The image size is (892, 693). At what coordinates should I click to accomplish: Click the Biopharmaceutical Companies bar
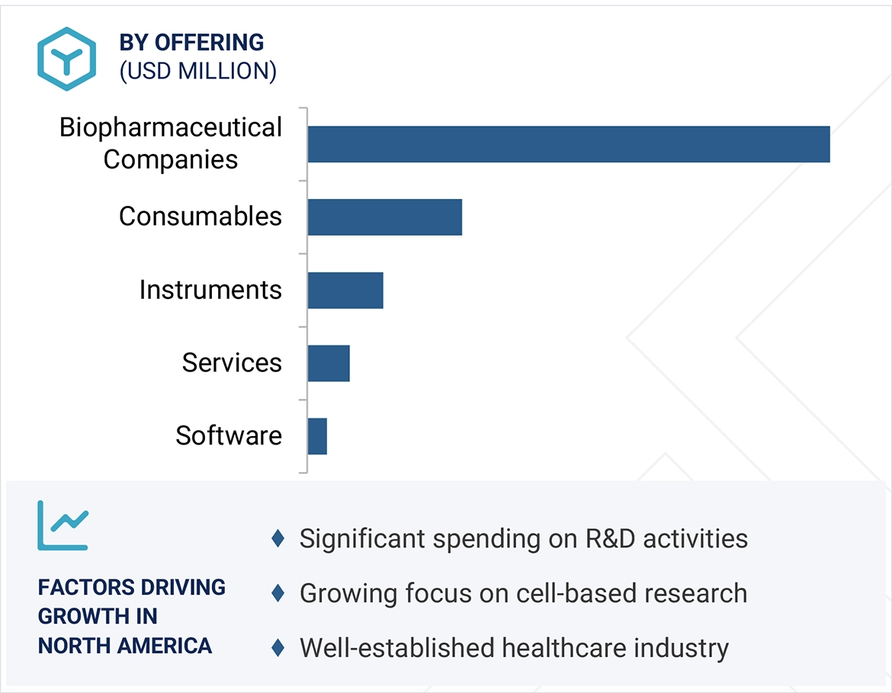568,144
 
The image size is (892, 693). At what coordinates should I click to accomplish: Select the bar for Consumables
384,217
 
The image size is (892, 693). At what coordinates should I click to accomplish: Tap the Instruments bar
345,290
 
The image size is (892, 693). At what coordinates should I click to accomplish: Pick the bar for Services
328,364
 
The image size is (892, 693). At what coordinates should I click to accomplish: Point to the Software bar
317,436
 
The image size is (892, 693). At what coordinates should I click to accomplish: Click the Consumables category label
200,217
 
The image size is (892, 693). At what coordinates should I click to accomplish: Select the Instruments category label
210,290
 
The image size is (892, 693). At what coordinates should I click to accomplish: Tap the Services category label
231,363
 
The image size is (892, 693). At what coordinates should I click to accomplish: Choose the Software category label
228,435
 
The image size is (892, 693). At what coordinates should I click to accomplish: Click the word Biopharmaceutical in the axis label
170,127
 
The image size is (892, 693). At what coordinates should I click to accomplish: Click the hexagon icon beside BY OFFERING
66,59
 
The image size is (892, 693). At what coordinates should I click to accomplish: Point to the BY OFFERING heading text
191,43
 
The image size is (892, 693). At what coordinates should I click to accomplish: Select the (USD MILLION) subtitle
197,71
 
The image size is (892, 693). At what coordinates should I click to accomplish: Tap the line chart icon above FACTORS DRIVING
63,525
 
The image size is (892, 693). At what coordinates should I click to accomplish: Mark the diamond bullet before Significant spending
278,539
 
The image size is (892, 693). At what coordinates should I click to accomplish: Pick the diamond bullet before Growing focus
278,593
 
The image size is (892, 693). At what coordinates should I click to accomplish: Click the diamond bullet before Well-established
278,648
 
